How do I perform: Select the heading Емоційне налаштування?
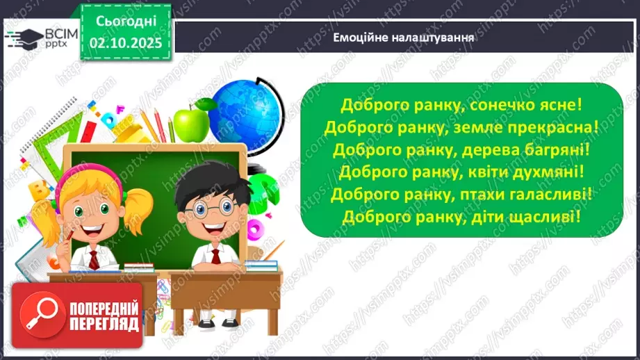point(404,38)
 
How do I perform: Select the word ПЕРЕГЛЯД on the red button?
point(104,324)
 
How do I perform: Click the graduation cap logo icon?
point(25,36)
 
